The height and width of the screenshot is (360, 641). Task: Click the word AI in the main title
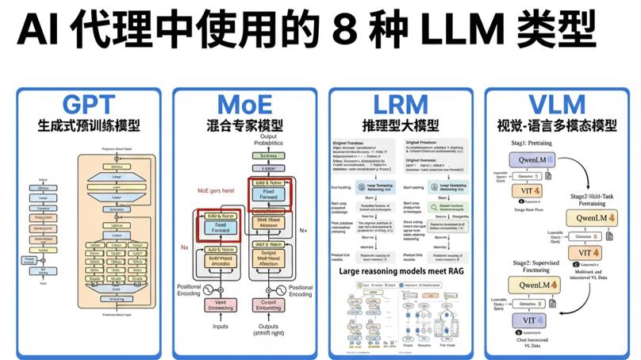tap(39, 33)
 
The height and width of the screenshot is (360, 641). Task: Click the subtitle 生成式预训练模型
tap(90, 125)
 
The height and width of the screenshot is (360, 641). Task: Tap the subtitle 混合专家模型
tap(245, 125)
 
